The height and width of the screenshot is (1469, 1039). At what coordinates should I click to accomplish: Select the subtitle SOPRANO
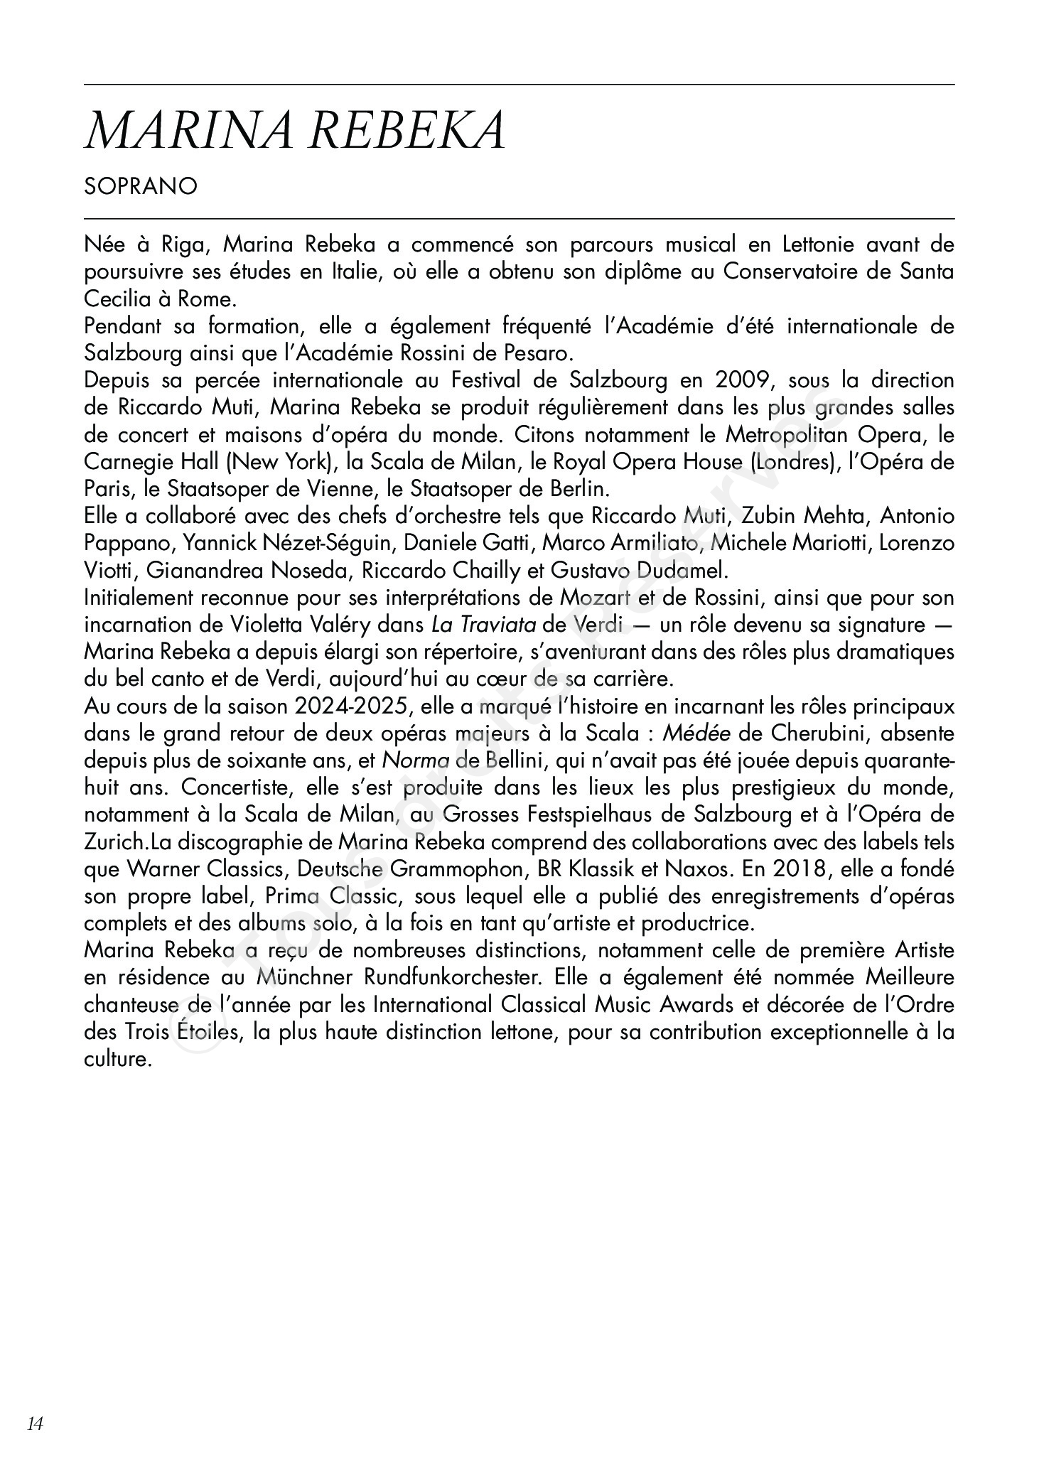tap(141, 186)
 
